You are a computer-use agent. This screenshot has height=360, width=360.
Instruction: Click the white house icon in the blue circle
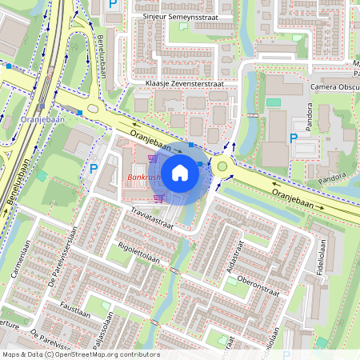coord(180,171)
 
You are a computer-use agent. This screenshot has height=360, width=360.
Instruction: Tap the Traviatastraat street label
coord(153,218)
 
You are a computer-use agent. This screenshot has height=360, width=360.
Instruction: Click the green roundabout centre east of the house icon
coord(222,166)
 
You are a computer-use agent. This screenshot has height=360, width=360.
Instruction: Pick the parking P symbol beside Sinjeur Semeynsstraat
coord(113,5)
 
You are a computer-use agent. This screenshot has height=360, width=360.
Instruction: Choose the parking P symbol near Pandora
coord(294,138)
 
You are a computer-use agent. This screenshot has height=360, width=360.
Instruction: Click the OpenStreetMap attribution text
coord(81,354)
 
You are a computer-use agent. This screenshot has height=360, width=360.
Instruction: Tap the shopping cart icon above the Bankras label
coord(152,160)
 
